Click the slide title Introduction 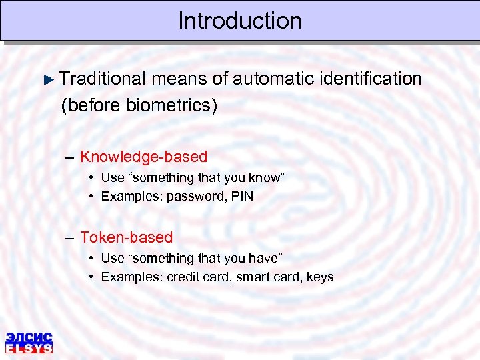(x=239, y=21)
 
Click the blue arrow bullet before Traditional (x=49, y=79)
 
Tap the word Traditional (x=102, y=79)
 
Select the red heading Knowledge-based (x=143, y=157)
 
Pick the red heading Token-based (x=126, y=237)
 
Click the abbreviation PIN (x=242, y=197)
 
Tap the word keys (x=319, y=277)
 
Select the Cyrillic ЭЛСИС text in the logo (x=29, y=337)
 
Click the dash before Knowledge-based (x=70, y=158)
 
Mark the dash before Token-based (x=70, y=238)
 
